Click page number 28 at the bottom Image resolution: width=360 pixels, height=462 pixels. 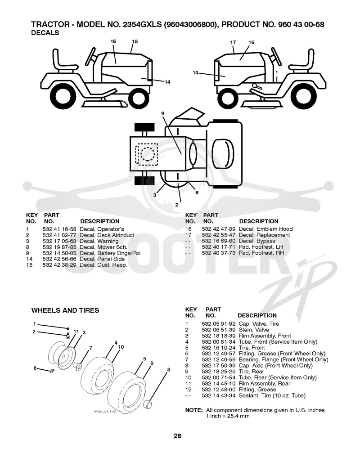(177, 436)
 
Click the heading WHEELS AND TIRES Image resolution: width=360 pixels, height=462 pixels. (65, 310)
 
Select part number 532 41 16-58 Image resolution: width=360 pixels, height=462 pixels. (59, 229)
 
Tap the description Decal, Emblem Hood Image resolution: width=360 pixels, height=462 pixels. (265, 229)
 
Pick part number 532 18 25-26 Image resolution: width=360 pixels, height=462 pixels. (219, 372)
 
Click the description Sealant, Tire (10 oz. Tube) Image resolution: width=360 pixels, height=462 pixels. (272, 395)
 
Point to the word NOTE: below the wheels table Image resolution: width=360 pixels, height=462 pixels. (193, 410)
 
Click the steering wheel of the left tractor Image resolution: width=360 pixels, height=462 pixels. (90, 57)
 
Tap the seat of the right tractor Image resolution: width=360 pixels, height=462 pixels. (302, 63)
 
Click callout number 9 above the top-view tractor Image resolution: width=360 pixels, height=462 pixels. (163, 113)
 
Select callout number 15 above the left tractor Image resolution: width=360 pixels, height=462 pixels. (135, 41)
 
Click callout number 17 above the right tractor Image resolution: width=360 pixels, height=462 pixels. (233, 42)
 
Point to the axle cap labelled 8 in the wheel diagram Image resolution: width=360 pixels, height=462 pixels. (147, 404)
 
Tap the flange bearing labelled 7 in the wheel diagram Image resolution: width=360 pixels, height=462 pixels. (77, 367)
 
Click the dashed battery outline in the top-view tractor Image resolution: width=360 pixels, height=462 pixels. (147, 154)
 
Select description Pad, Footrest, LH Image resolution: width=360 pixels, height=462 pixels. (261, 247)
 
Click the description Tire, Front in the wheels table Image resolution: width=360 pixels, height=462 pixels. (252, 348)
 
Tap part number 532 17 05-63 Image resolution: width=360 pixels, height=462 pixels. (59, 241)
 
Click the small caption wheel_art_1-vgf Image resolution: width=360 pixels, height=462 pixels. (105, 411)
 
